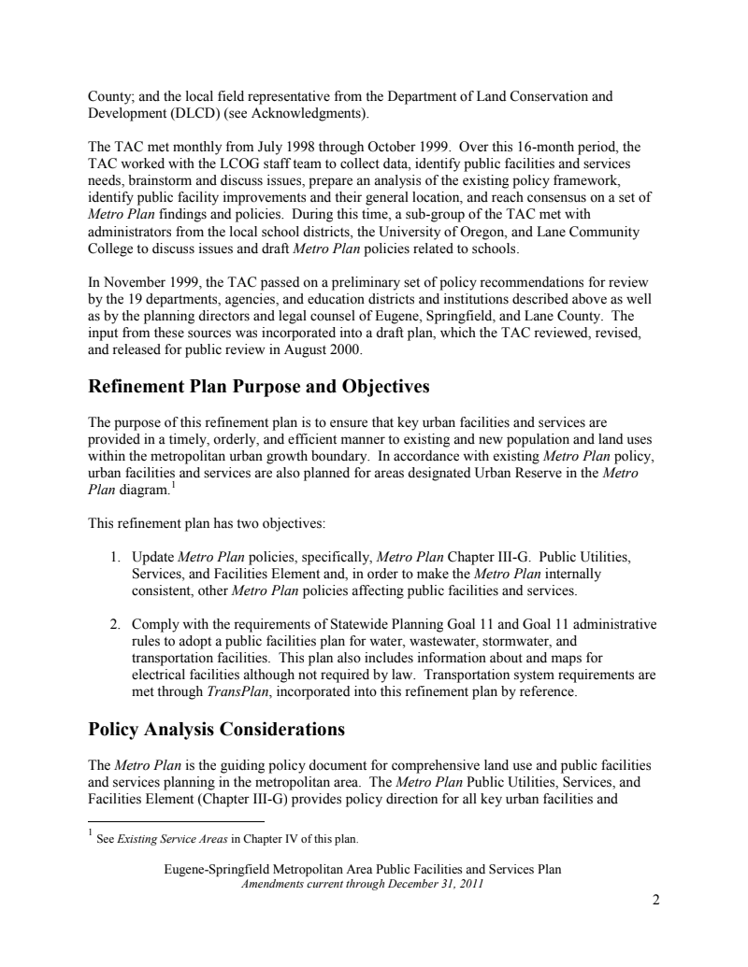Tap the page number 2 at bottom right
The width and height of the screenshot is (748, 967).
click(655, 901)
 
